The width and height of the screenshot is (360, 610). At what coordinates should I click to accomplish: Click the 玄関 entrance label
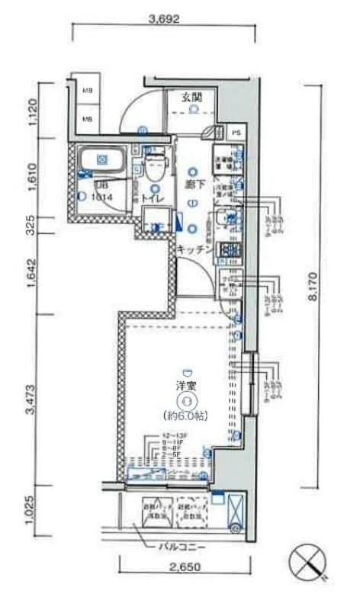click(191, 97)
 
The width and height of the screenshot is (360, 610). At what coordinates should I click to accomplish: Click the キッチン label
click(194, 249)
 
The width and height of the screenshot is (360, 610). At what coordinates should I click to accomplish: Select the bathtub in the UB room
click(102, 161)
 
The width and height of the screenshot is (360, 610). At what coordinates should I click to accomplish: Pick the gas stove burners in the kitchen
click(228, 249)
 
